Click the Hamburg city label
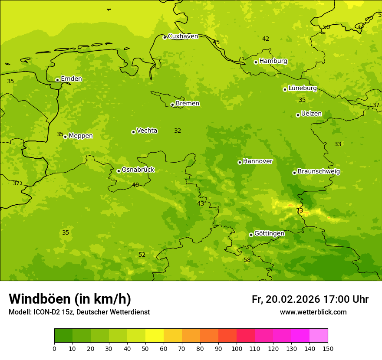273,61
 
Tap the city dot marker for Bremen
172,105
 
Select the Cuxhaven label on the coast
183,36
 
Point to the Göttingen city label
269,234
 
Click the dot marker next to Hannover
240,162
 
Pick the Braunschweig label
319,172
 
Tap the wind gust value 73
300,211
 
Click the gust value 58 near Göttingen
247,260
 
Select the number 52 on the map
142,255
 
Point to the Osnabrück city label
138,170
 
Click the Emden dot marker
57,80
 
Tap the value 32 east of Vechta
178,131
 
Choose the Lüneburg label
303,88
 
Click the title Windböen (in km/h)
70,299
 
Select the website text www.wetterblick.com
313,312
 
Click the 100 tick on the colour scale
237,348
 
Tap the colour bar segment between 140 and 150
319,336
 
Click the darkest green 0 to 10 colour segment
63,336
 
